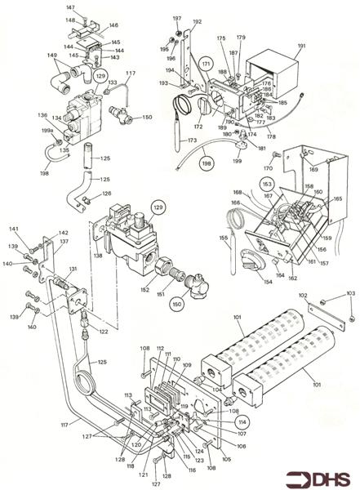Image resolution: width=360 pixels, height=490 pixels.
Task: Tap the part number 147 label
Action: pyautogui.click(x=70, y=7)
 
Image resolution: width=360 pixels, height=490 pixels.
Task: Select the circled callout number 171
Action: pyautogui.click(x=206, y=65)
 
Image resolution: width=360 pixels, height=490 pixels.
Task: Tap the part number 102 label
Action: pyautogui.click(x=302, y=296)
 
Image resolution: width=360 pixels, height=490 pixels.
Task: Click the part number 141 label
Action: pyautogui.click(x=13, y=228)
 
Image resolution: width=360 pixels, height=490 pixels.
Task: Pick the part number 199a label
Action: pyautogui.click(x=48, y=131)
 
